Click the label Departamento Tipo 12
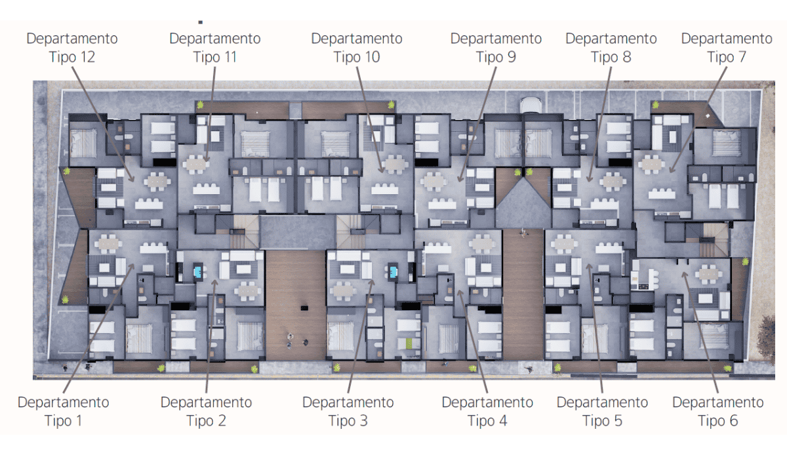[72, 48]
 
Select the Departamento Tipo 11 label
[215, 48]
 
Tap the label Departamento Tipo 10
[357, 48]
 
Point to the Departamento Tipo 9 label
[496, 48]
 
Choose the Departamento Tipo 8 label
[611, 48]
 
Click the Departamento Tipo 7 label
[727, 48]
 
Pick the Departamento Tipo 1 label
[63, 412]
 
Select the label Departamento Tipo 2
[206, 412]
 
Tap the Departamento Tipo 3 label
[348, 412]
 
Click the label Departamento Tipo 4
[487, 412]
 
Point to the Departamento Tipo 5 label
[602, 412]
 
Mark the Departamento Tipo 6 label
[717, 412]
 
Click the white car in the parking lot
[531, 105]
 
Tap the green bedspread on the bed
[409, 343]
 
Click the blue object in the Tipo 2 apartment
[198, 271]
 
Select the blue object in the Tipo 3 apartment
[393, 271]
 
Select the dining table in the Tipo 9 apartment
[434, 182]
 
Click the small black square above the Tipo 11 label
[201, 22]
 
